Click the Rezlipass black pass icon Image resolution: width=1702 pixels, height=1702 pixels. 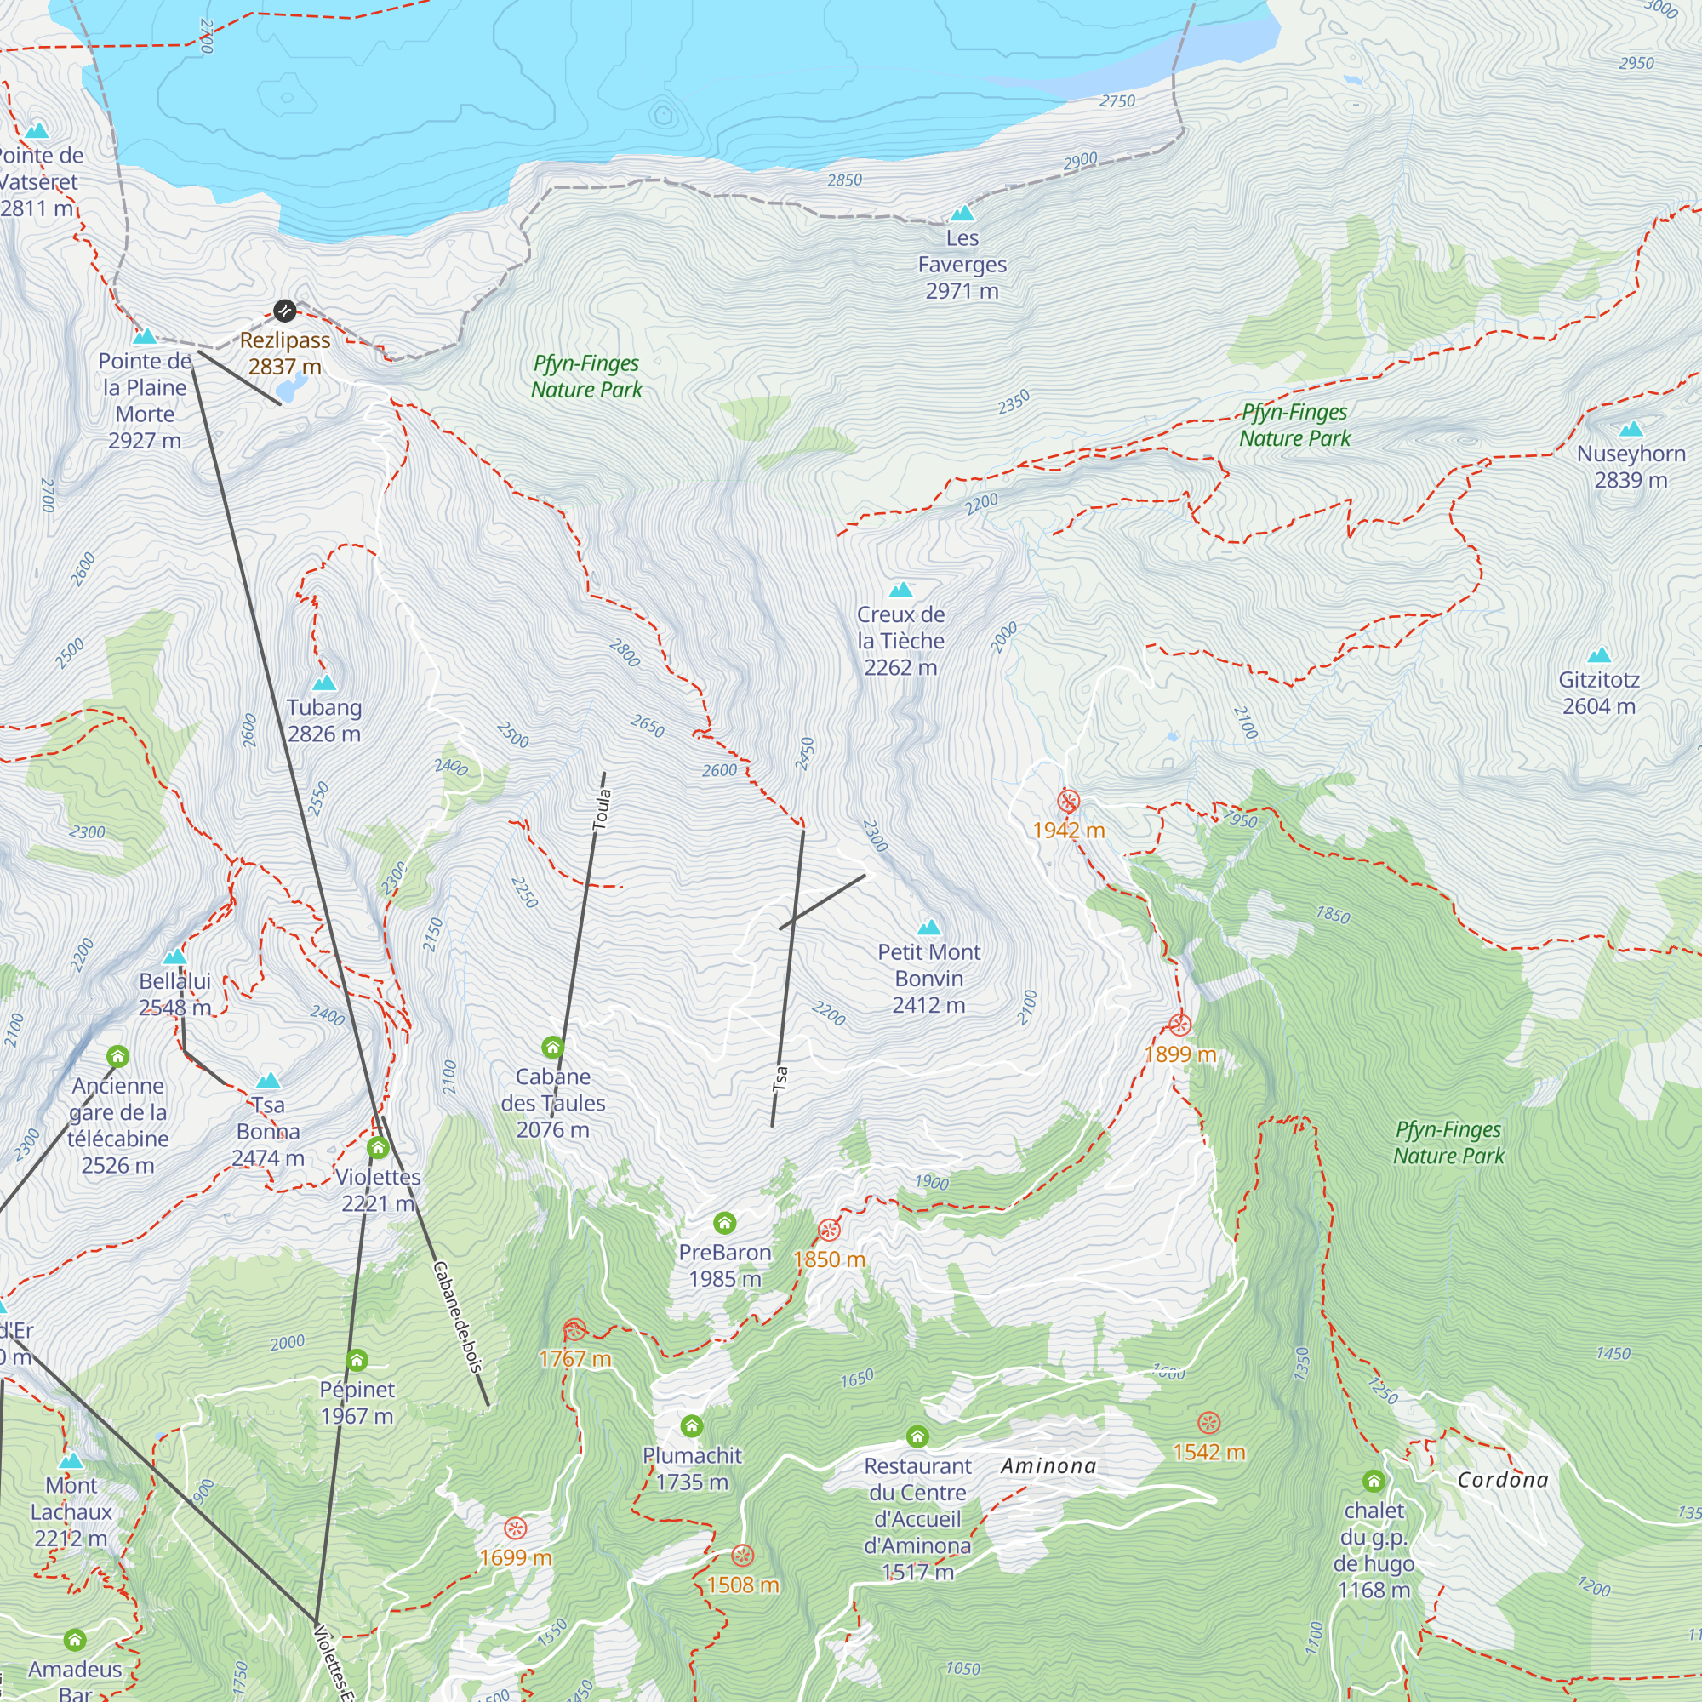point(283,310)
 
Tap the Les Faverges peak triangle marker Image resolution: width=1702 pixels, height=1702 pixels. point(962,214)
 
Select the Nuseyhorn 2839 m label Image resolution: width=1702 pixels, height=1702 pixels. point(1631,467)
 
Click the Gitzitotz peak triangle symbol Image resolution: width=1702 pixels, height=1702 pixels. point(1599,654)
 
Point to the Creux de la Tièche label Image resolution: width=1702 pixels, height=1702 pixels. point(900,641)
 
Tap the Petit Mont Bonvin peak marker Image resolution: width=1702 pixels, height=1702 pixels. point(928,927)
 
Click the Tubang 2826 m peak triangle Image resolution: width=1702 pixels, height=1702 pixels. point(324,683)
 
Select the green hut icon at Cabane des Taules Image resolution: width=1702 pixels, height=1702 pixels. point(552,1047)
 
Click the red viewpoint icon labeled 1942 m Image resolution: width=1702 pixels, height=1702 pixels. point(1068,801)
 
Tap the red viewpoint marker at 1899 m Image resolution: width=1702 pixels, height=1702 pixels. point(1179,1025)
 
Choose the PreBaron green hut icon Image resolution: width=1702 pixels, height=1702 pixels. point(724,1223)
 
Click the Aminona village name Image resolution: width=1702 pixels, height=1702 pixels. point(1048,1466)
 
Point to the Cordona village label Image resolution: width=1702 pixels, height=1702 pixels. point(1503,1480)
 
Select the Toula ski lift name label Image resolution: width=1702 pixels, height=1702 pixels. point(602,808)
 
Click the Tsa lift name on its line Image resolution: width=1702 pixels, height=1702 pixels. point(780,1078)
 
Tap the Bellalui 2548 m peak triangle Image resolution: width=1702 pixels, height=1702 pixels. point(174,957)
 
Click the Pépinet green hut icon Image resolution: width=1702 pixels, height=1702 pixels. point(357,1360)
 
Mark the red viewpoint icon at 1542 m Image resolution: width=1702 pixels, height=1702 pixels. point(1208,1423)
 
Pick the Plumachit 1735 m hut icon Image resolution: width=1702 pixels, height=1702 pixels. point(692,1425)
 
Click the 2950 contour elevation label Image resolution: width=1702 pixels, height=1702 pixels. point(1636,64)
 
